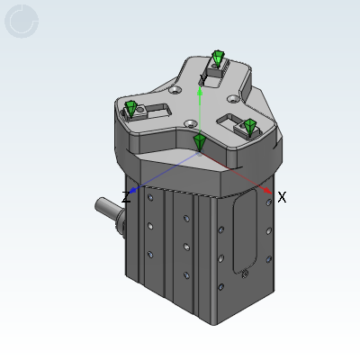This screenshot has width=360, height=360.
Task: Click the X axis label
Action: (282, 197)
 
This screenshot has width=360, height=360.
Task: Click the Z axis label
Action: (126, 197)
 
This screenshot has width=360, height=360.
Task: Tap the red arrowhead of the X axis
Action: (267, 190)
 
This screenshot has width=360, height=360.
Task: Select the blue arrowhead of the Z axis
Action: (133, 190)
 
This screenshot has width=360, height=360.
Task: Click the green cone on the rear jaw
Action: (218, 58)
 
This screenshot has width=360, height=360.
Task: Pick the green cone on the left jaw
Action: (131, 109)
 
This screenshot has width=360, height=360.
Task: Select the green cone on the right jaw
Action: (249, 127)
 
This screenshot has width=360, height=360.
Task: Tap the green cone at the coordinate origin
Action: (199, 143)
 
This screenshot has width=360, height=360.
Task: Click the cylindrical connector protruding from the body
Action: (110, 211)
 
